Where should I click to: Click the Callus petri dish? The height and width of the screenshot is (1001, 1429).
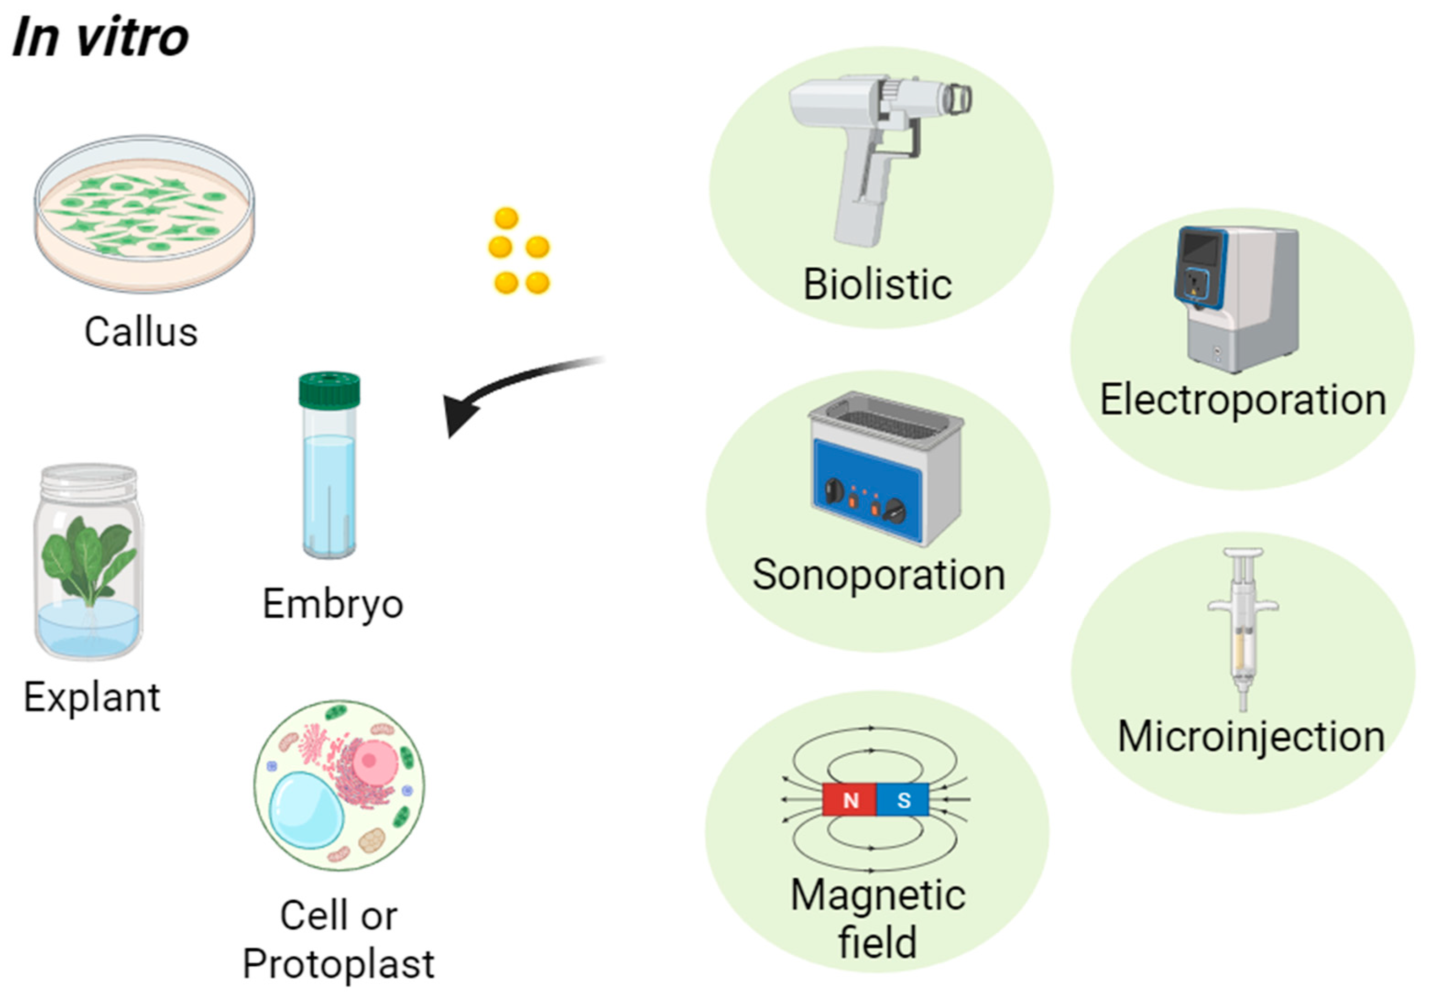tap(144, 215)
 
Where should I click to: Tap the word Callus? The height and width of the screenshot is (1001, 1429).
tap(141, 332)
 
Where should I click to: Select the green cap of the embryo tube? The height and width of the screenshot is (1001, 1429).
tap(329, 390)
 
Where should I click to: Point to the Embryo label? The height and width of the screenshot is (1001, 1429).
tap(333, 604)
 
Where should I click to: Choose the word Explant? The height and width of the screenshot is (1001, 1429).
tap(92, 697)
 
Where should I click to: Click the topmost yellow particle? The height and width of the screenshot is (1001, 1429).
tap(506, 218)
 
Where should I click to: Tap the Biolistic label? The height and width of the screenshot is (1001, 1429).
tap(878, 284)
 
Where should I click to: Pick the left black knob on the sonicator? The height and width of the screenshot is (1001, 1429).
tap(834, 491)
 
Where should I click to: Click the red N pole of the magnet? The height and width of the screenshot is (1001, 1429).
tap(850, 800)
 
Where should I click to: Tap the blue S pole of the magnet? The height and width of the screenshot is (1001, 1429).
tap(903, 800)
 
